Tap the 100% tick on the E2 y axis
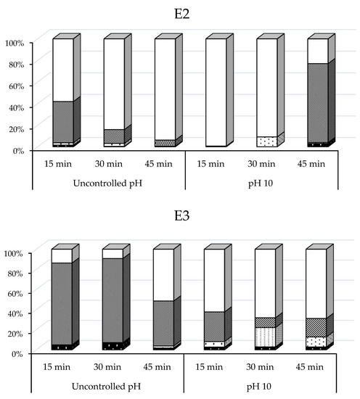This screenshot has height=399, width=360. [x=15, y=43]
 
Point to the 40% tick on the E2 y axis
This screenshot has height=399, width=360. [x=17, y=107]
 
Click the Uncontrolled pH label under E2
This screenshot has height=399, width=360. [x=108, y=180]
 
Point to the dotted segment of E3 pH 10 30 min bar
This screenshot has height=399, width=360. [x=265, y=337]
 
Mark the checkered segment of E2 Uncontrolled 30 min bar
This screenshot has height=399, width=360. [x=112, y=136]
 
